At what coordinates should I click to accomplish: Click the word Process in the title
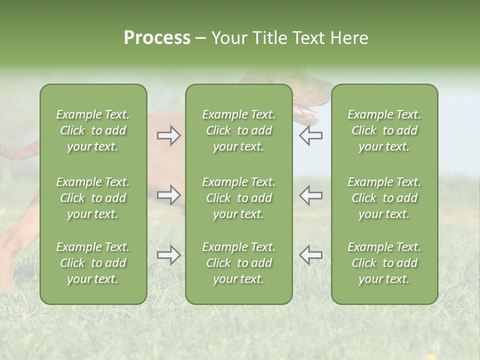(x=157, y=38)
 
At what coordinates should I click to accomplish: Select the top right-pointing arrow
(x=169, y=135)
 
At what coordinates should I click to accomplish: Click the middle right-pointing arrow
(x=169, y=195)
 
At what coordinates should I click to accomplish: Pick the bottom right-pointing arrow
(x=169, y=255)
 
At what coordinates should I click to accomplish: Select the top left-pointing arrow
(x=310, y=135)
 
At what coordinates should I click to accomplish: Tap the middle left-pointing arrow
(x=310, y=195)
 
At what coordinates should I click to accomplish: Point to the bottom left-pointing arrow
(x=310, y=255)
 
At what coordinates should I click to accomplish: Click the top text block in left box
(x=93, y=130)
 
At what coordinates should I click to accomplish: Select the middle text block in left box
(x=93, y=198)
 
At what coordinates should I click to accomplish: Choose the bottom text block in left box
(x=93, y=263)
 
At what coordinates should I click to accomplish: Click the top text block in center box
(x=238, y=130)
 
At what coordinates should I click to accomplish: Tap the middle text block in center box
(x=238, y=198)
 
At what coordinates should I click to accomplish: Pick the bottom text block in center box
(x=238, y=263)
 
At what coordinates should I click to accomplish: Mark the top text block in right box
(x=384, y=130)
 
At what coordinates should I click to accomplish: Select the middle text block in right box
(x=384, y=198)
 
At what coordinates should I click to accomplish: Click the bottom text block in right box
(x=384, y=263)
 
